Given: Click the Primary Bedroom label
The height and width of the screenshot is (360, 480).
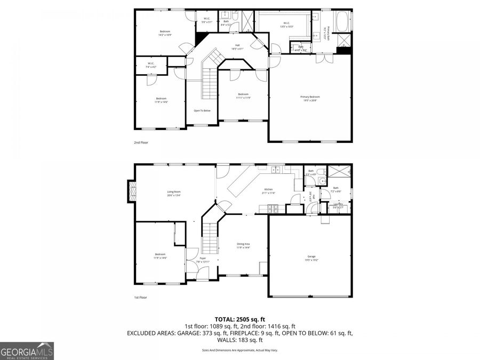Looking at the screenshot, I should coord(310,98).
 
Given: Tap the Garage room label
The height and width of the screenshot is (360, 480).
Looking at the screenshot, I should coord(311,258).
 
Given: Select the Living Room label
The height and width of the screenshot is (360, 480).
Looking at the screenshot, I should coord(174,193).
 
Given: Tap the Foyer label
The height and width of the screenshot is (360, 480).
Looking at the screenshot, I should coord(203,259).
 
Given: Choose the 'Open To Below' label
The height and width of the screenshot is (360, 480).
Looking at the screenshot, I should coord(202,110).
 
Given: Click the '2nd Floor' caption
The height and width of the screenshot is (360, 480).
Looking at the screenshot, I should coord(141,143).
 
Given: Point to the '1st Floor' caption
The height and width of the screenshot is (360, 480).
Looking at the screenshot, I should coord(140,297).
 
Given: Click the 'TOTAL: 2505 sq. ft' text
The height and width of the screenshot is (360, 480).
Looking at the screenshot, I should coord(239,319).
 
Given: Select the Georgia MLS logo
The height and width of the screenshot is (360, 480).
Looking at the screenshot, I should coord(27,351).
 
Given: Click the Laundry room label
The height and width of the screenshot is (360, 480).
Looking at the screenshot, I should coord(338,204).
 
